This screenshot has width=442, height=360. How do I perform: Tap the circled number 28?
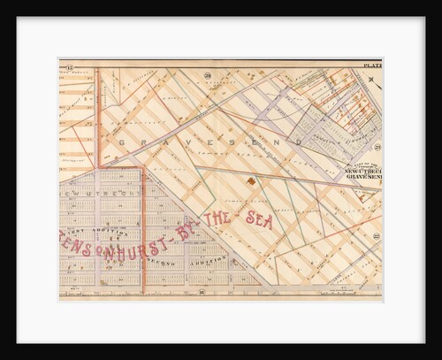208,77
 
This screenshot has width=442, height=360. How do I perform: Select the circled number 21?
377,146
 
